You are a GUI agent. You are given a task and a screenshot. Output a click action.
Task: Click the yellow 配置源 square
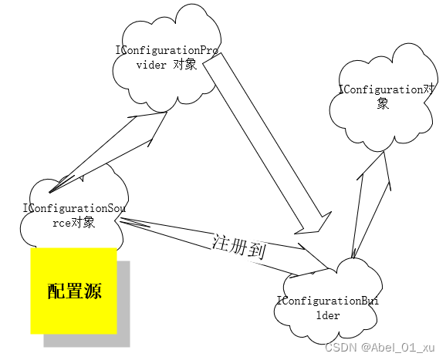point(73,291)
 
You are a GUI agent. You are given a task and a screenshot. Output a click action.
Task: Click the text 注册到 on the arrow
point(238,246)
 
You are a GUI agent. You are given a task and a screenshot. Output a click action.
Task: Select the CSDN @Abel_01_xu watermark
point(380,348)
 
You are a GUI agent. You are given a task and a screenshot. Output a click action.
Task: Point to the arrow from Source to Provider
point(108,152)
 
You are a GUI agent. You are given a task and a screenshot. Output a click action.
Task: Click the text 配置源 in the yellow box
point(74,291)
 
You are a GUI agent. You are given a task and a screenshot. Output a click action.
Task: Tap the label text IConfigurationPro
point(167,51)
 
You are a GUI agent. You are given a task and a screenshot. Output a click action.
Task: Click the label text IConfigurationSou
point(74,209)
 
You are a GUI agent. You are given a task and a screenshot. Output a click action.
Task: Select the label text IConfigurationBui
point(328,301)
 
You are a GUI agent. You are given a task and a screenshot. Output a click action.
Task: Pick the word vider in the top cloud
point(151,65)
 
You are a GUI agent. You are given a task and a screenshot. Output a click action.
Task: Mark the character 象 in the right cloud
point(383,104)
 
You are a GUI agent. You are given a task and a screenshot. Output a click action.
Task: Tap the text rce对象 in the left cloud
point(73,223)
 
